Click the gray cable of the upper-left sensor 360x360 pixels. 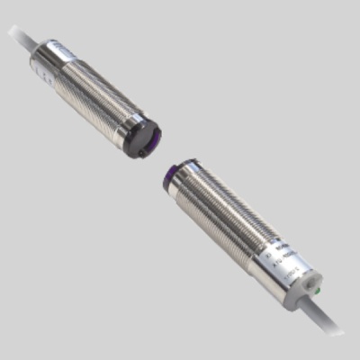coord(20,38)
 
